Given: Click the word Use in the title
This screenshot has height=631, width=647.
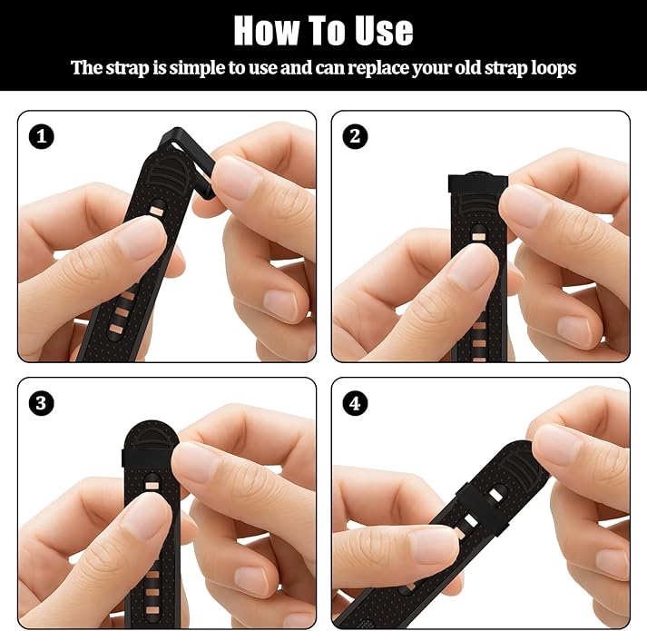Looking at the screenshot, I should point(381,31).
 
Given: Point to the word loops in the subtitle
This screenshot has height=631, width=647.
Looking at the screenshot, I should point(553,68).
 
